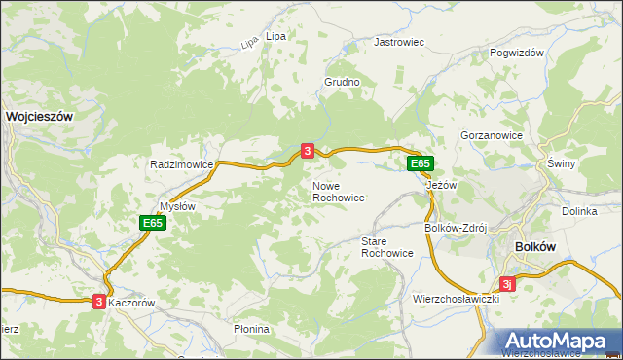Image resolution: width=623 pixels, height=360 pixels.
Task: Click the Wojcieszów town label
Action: coord(40,115)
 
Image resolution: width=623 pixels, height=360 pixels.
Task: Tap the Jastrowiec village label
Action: coord(400,43)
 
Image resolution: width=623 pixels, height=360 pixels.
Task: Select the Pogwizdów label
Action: coord(517,54)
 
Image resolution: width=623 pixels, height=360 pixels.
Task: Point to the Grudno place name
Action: coord(343,83)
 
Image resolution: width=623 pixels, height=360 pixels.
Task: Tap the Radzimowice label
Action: coord(181,164)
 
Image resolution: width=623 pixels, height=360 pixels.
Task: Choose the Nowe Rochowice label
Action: coord(339,192)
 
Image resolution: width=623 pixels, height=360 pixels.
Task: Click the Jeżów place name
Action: coord(442,185)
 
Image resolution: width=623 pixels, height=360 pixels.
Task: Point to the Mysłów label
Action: coord(178,206)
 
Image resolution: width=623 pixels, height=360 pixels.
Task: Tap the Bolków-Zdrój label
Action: coord(456,228)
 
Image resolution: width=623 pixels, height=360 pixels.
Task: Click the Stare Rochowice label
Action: coord(387,246)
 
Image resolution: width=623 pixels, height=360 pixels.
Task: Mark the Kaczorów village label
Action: coord(133,303)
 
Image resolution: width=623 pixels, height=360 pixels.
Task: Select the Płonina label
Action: coord(251,329)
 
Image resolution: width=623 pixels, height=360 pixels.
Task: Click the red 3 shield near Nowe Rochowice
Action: coord(308,151)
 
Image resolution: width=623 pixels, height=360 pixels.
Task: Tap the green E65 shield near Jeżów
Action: coord(420,163)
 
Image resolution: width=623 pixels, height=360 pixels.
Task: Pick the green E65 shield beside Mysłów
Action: coord(152,223)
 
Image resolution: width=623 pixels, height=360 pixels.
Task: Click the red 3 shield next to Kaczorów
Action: coord(99,303)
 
